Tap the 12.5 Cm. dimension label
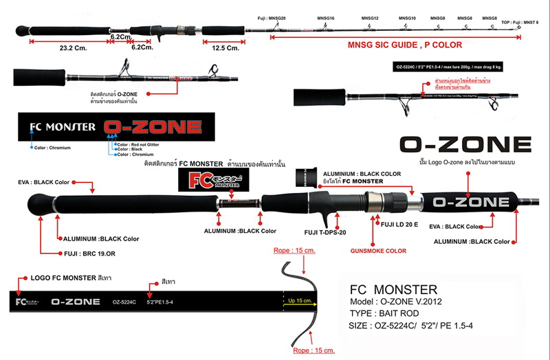(x=224, y=49)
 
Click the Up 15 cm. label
(x=305, y=300)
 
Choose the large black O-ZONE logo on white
(x=465, y=145)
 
